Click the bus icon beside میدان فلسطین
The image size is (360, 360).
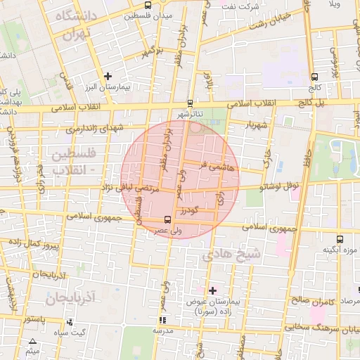(126, 14)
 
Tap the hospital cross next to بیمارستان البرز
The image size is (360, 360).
(107, 76)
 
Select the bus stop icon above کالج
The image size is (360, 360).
(314, 77)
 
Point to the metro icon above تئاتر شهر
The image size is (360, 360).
(191, 101)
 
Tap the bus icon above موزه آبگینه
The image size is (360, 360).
(340, 239)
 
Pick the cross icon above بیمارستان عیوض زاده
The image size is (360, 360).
(212, 290)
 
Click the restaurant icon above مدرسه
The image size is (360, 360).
(164, 320)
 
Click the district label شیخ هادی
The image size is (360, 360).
(232, 255)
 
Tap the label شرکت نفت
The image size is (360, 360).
(240, 6)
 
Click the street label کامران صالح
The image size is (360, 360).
(311, 301)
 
